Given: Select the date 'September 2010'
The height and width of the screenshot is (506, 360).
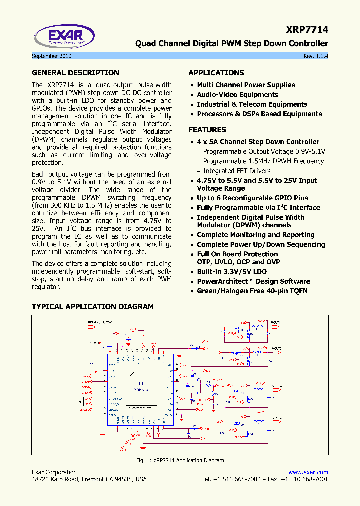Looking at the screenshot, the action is [51, 56].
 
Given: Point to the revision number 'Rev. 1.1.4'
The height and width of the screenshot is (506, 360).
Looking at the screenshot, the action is [316, 56].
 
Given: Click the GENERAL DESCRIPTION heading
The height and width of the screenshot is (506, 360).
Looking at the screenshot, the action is [75, 73].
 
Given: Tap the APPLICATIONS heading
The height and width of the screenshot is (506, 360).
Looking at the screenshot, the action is [216, 73].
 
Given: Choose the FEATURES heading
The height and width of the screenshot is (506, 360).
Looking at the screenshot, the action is [207, 130].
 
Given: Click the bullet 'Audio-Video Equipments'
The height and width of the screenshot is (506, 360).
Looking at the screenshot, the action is [237, 95].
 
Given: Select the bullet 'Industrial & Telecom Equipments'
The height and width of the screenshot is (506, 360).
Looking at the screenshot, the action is [252, 104].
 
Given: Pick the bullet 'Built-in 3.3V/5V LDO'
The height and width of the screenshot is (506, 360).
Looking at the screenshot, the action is [237, 272].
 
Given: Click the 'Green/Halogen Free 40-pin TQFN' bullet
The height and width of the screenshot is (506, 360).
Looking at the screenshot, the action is [252, 291].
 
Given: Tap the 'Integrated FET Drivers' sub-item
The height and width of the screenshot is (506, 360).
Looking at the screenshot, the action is [237, 171].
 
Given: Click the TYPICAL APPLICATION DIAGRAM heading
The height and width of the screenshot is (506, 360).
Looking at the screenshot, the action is [93, 307].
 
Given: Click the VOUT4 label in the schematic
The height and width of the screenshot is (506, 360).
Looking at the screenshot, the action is [277, 386].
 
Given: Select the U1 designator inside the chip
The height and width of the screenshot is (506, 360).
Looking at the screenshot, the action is [141, 384].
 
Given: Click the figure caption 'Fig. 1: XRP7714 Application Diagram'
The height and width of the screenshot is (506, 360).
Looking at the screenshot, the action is [180, 460].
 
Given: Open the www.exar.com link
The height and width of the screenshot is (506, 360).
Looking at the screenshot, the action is [308, 472].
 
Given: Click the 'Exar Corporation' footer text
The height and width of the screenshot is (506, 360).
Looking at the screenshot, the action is [54, 472].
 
